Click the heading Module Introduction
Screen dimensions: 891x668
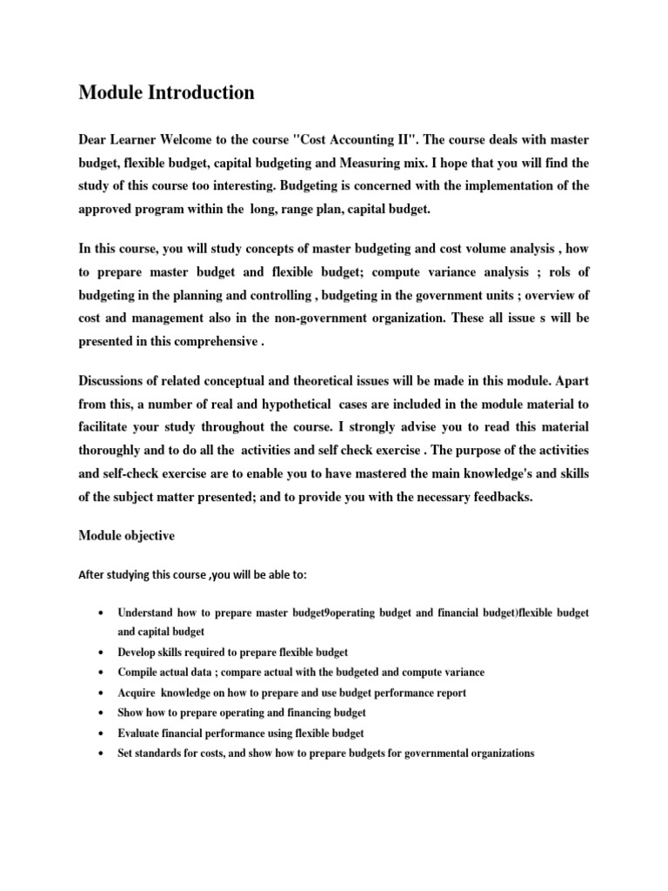166,92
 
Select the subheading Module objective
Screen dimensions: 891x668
127,536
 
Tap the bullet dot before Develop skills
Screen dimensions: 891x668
104,652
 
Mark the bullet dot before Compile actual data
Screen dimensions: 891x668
104,673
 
